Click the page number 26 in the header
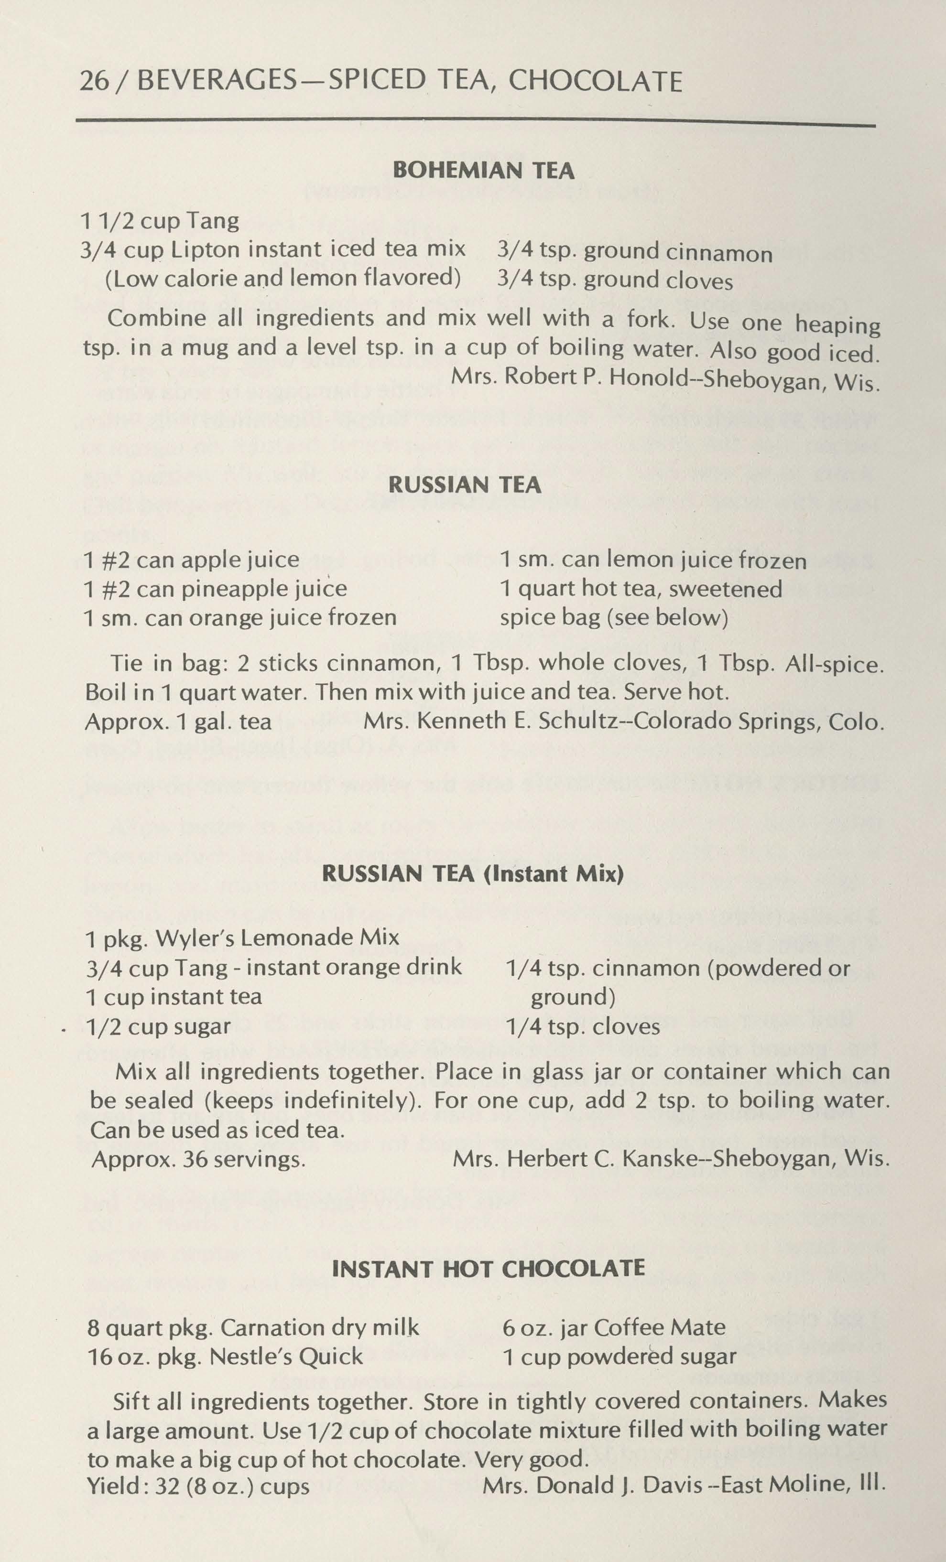(x=93, y=82)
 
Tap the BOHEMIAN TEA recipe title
(x=484, y=171)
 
